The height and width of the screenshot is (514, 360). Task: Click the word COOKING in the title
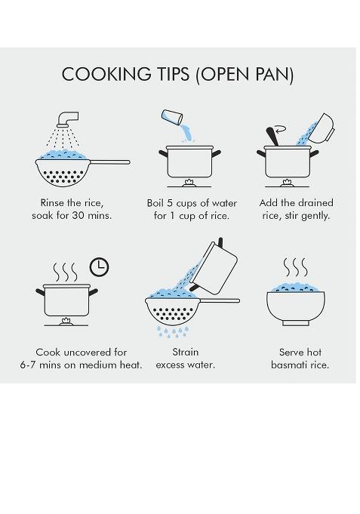(x=106, y=74)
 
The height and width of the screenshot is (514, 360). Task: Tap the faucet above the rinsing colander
(x=68, y=119)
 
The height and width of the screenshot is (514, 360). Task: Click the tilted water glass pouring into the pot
(x=172, y=117)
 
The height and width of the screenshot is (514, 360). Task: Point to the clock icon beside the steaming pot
(x=99, y=267)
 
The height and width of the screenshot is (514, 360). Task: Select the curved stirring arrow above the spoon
(x=281, y=130)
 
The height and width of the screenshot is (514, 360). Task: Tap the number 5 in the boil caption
(x=170, y=203)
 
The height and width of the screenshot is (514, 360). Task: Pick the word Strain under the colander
(x=186, y=352)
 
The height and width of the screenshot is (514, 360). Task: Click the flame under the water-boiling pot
(x=189, y=183)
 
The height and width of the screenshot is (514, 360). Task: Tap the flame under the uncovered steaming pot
(x=66, y=322)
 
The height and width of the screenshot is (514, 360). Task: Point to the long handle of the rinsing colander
(x=110, y=162)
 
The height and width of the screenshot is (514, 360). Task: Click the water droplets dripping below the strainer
(x=173, y=332)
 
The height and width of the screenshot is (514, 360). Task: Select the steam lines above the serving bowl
(x=295, y=267)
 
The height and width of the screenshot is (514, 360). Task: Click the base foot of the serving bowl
(x=296, y=323)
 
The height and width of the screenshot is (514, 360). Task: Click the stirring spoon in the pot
(x=272, y=137)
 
